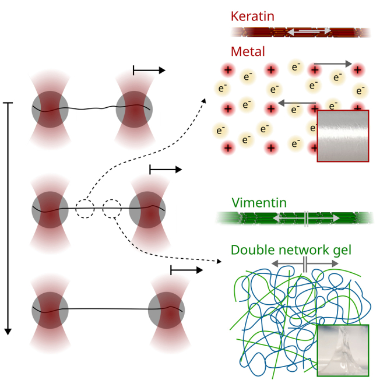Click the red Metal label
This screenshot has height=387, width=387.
click(248, 51)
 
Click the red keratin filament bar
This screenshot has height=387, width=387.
click(301, 32)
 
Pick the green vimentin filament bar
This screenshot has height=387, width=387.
click(294, 218)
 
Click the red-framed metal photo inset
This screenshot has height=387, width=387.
click(343, 136)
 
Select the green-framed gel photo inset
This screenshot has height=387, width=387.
click(343, 351)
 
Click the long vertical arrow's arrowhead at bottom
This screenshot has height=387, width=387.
click(8, 331)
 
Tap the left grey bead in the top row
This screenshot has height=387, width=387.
click(50, 108)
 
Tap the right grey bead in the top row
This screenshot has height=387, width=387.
click(134, 108)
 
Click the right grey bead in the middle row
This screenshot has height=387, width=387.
click(147, 209)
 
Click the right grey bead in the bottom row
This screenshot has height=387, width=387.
click(166, 309)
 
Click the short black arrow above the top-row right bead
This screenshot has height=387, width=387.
click(149, 71)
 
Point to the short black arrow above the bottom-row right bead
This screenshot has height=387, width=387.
click(187, 270)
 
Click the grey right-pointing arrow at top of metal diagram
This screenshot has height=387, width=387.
click(332, 63)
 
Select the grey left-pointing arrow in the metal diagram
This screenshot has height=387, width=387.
click(297, 103)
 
